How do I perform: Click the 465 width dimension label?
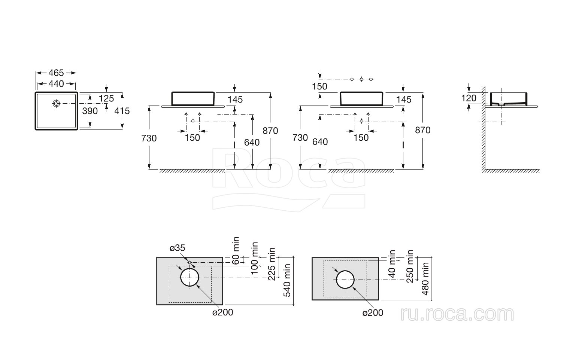[x=56, y=73]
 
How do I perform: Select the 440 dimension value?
[x=56, y=84]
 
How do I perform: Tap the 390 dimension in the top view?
[x=90, y=111]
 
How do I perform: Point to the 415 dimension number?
[x=122, y=111]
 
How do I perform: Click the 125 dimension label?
[x=106, y=99]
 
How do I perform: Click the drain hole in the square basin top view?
[x=56, y=103]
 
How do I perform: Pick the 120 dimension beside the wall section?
[x=469, y=98]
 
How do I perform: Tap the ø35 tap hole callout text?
[x=177, y=248]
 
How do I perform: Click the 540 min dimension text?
[x=288, y=280]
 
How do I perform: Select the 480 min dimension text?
[x=425, y=278]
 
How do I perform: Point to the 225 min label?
[x=272, y=264]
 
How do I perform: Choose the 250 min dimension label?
[x=410, y=266]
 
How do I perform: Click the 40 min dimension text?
[x=392, y=264]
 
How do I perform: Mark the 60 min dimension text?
[x=236, y=251]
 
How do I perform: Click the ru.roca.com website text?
[x=457, y=314]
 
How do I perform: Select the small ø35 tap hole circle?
[x=190, y=262]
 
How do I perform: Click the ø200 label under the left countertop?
[x=223, y=312]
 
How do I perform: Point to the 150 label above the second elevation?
[x=319, y=86]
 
